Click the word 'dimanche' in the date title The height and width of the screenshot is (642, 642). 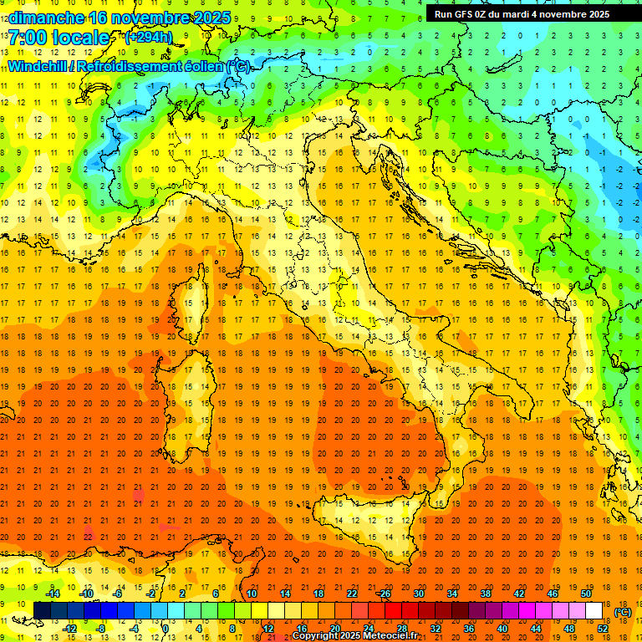pos(42,18)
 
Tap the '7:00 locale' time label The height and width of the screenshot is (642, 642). pos(59,38)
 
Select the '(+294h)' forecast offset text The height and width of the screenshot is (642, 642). pos(148,37)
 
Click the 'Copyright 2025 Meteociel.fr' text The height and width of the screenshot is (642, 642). pos(354,636)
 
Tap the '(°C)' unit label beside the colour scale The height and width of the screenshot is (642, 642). pos(623,612)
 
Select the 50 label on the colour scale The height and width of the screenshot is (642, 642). pos(586,594)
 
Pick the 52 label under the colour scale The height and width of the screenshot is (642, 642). pos(602,629)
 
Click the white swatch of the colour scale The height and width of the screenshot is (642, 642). pos(594,611)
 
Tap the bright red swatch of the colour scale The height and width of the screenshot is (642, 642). pos(393,611)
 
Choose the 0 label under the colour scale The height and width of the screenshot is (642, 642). pos(166,629)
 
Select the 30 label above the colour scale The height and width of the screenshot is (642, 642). pos(419,594)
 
